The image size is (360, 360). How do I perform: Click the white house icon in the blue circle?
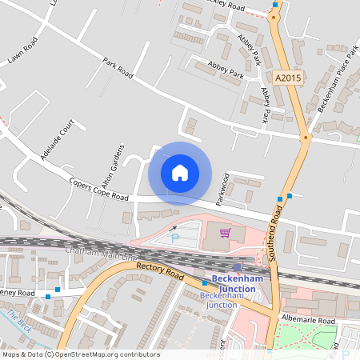pyautogui.click(x=180, y=173)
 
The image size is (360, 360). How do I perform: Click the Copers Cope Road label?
pyautogui.click(x=98, y=190)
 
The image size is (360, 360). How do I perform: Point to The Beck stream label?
pyautogui.click(x=15, y=320)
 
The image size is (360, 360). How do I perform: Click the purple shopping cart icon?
pyautogui.click(x=226, y=233)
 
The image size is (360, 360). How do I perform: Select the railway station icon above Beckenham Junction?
pyautogui.click(x=237, y=267)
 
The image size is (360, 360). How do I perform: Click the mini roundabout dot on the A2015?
pyautogui.click(x=304, y=138)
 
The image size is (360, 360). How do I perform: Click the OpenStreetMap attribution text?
pyautogui.click(x=81, y=354)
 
